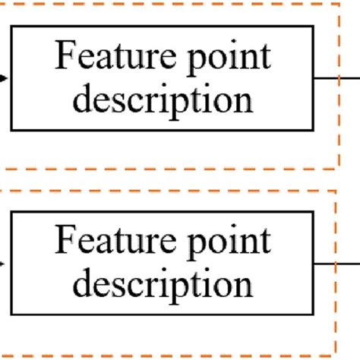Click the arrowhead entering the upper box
(5, 77)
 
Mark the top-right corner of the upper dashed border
(338, 4)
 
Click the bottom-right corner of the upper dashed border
(338, 166)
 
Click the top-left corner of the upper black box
(11, 27)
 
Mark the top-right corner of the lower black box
(312, 212)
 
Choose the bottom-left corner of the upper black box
(11, 129)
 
